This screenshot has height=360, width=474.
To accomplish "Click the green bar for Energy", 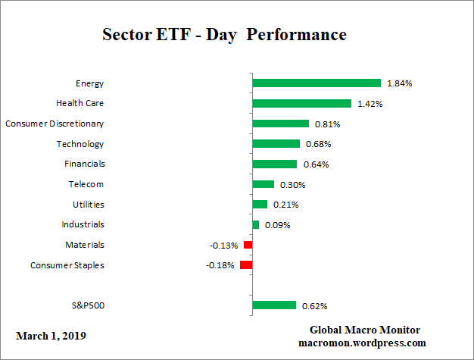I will [x=316, y=83].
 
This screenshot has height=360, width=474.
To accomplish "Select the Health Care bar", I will [x=301, y=103].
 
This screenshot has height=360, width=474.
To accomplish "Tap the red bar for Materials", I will [x=248, y=245].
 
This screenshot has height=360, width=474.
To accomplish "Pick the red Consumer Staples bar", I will [x=246, y=265].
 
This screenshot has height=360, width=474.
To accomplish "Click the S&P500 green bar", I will [x=273, y=305].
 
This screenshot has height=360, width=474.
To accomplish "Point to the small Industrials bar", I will [x=255, y=224].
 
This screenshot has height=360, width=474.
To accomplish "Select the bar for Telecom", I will [x=263, y=184].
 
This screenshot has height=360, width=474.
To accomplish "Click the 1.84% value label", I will [x=399, y=83].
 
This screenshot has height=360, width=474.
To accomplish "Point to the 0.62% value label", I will [x=314, y=306].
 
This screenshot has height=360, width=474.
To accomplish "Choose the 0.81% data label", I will [x=327, y=124].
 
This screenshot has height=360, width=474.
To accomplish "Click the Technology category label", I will [x=80, y=144].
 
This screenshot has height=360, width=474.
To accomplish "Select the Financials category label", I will [x=84, y=164].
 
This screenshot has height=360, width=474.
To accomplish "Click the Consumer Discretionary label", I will [x=55, y=124].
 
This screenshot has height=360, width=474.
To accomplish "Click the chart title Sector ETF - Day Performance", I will [x=223, y=36].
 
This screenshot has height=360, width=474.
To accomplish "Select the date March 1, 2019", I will [x=51, y=334].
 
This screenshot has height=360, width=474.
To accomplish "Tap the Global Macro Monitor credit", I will [x=365, y=330].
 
